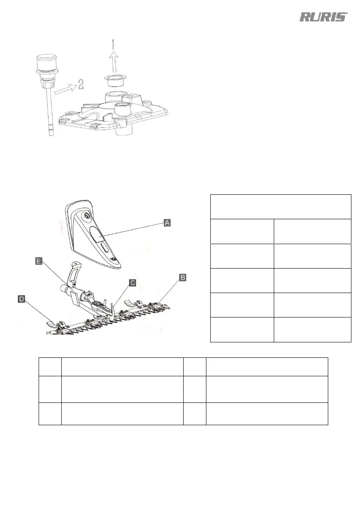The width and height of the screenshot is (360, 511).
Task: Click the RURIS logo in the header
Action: point(323,17)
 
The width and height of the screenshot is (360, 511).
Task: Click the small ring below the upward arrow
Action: point(114,80)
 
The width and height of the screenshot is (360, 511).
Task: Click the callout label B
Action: point(182,278)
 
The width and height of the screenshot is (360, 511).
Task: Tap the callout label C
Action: point(133,283)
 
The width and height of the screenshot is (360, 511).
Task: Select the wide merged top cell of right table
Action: point(281,206)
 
